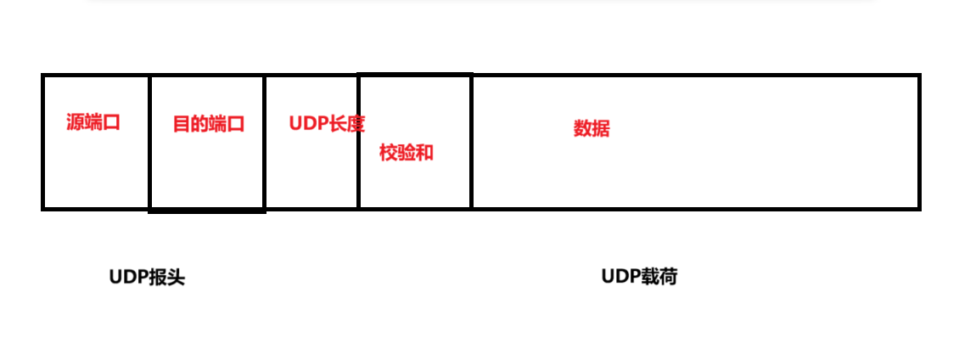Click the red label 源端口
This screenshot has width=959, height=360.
click(x=93, y=122)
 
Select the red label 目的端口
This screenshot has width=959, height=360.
click(x=209, y=125)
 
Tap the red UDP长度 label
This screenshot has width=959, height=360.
click(x=327, y=123)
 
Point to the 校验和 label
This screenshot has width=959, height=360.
click(x=407, y=153)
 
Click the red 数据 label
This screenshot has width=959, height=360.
click(x=592, y=129)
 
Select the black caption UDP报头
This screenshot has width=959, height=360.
click(x=147, y=278)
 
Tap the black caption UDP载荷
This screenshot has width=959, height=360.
click(x=639, y=277)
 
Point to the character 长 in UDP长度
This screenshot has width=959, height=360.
click(x=337, y=123)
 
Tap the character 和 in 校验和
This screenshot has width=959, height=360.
click(x=424, y=153)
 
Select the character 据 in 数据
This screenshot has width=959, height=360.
click(x=601, y=129)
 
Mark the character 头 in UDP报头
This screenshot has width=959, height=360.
click(x=176, y=278)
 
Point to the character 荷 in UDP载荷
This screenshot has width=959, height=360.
click(x=669, y=277)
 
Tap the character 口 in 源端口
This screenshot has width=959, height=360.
click(x=111, y=122)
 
